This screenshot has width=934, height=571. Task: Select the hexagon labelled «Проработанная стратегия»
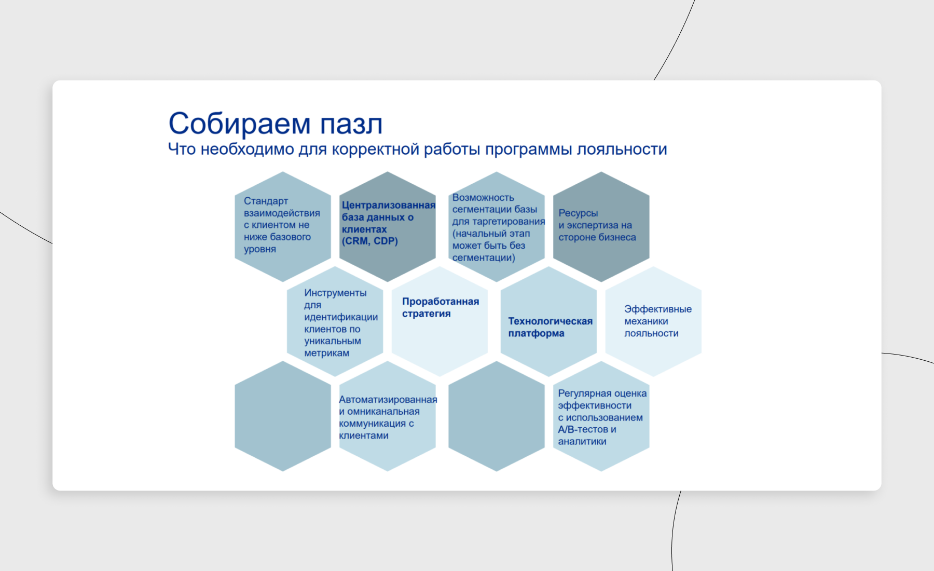click(x=439, y=321)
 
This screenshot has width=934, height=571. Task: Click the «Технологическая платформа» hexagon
click(x=548, y=321)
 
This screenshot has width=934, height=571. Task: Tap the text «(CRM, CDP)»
click(x=370, y=241)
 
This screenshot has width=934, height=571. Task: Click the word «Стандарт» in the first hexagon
click(x=266, y=201)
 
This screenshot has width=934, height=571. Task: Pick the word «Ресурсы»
click(x=578, y=213)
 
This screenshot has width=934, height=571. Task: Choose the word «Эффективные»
click(x=658, y=309)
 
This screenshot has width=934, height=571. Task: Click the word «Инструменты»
click(x=335, y=293)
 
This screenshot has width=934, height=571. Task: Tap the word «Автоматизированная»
click(x=388, y=400)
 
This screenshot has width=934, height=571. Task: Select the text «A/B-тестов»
click(x=583, y=429)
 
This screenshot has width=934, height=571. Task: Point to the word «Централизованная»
click(x=389, y=205)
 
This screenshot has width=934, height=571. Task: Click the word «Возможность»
click(x=483, y=197)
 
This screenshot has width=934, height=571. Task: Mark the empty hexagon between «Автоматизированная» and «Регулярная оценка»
click(x=497, y=416)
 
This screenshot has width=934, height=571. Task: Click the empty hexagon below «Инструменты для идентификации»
click(x=283, y=416)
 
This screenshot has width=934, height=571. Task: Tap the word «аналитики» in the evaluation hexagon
click(x=582, y=441)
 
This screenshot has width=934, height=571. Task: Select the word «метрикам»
click(x=327, y=353)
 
